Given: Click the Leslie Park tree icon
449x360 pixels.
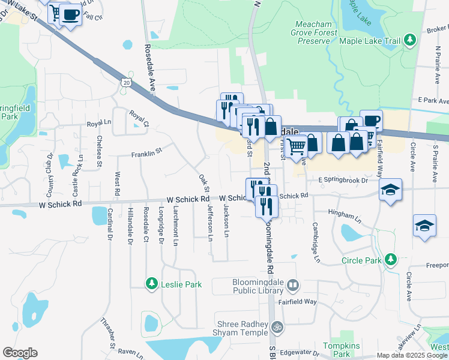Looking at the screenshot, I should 151,283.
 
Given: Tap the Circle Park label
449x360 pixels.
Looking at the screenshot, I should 361,260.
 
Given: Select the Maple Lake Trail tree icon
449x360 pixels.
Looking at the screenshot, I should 410,40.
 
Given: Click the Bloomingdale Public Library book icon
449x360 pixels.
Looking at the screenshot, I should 292,284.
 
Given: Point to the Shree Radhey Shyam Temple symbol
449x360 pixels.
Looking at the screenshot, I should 277,328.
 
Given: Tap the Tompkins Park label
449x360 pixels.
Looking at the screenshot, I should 341,350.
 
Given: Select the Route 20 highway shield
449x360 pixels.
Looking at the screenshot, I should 125,81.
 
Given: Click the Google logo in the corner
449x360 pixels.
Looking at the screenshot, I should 20,353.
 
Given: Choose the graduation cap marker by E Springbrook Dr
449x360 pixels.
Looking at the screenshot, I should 390,190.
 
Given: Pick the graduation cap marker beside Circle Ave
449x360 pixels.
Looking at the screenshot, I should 424,226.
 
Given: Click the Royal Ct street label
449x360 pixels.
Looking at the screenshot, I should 139,118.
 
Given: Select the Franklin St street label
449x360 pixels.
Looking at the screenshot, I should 148,153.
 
